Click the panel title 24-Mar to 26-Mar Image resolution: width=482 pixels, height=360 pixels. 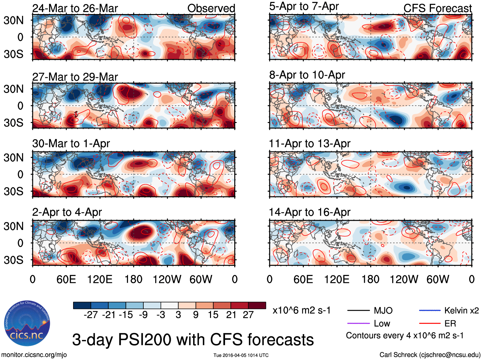tap(75, 8)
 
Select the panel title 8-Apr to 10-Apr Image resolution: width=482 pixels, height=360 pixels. tap(307, 75)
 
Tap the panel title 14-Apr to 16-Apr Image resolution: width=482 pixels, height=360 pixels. tap(309, 212)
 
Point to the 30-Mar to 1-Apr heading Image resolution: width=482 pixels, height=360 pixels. tap(71, 144)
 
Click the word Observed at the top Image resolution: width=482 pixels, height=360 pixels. tap(211, 8)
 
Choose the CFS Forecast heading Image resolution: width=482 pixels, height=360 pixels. tap(437, 8)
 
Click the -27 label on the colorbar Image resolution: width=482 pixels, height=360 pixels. tap(91, 315)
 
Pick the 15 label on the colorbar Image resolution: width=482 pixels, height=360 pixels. tap(213, 315)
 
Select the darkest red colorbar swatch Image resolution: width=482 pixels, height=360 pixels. tap(257, 305)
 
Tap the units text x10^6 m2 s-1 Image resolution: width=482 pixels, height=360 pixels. tap(302, 310)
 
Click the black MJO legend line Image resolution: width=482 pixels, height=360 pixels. tap(358, 310)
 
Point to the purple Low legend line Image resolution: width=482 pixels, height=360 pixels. tap(358, 324)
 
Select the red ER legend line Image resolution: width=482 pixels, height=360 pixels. tap(430, 324)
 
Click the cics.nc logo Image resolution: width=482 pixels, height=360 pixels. tap(27, 323)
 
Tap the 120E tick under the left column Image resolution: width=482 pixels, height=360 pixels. tap(100, 280)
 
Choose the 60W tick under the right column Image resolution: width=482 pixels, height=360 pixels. tap(438, 280)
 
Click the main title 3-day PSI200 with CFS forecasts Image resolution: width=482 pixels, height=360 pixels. tap(193, 340)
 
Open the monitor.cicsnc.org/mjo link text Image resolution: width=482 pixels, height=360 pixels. tap(34, 355)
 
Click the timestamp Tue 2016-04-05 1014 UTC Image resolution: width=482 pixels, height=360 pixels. tap(241, 355)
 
